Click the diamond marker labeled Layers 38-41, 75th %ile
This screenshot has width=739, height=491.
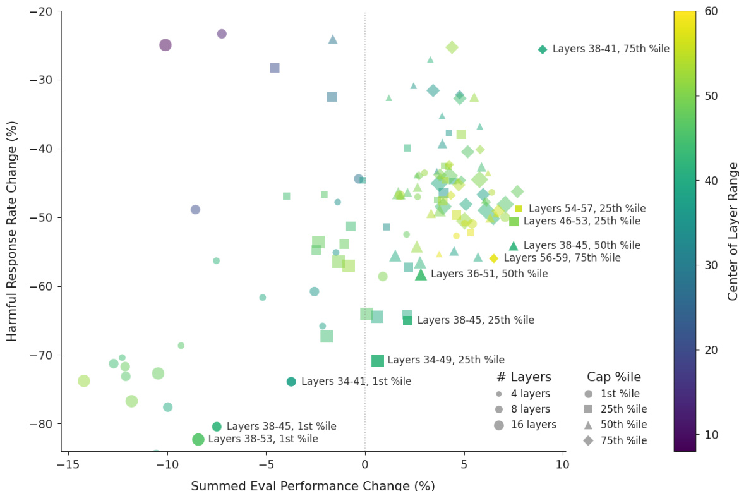pyautogui.click(x=543, y=49)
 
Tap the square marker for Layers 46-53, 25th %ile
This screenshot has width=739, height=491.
pyautogui.click(x=514, y=221)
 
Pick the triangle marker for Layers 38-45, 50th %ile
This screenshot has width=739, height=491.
pyautogui.click(x=514, y=246)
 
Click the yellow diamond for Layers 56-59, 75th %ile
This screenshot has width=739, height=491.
pyautogui.click(x=494, y=258)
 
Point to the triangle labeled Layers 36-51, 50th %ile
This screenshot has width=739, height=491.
pyautogui.click(x=421, y=274)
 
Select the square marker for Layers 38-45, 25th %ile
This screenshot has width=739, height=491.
pyautogui.click(x=407, y=320)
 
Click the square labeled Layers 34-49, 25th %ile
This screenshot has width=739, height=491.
pyautogui.click(x=378, y=360)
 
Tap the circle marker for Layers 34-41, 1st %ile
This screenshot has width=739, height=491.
pyautogui.click(x=291, y=382)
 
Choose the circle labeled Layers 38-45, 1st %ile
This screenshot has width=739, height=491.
pyautogui.click(x=217, y=427)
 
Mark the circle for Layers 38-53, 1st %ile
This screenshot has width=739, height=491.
pyautogui.click(x=198, y=439)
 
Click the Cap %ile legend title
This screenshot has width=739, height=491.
pyautogui.click(x=614, y=377)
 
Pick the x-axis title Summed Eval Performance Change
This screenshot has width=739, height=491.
pyautogui.click(x=313, y=485)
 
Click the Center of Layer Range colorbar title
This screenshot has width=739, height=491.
pyautogui.click(x=733, y=231)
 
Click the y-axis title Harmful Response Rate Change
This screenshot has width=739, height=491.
pyautogui.click(x=12, y=231)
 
